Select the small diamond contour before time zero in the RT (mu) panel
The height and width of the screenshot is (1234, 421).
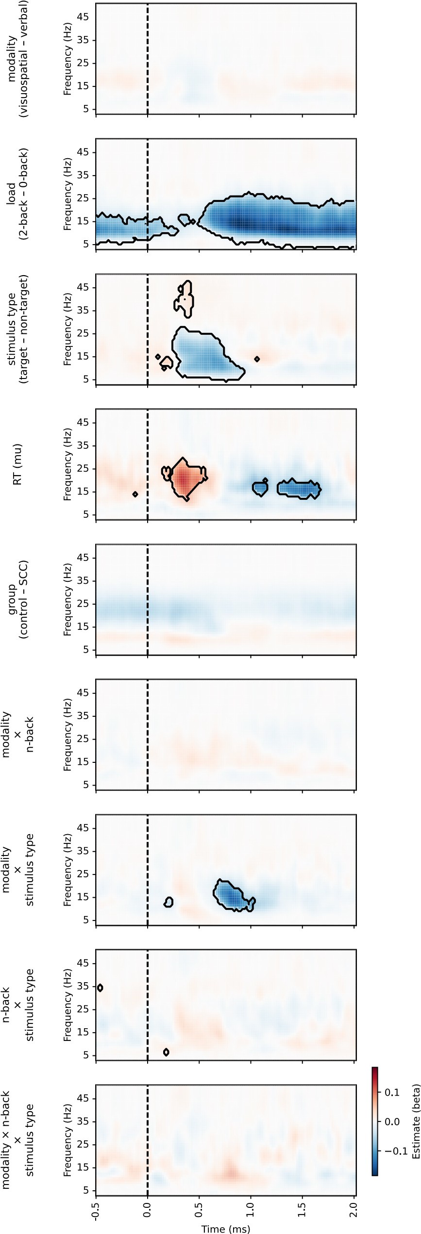click(x=135, y=494)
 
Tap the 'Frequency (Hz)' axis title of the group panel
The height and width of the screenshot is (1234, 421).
click(x=67, y=600)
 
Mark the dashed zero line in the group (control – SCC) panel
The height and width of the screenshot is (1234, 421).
click(x=148, y=600)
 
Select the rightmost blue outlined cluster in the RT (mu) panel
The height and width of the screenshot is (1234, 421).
click(x=299, y=489)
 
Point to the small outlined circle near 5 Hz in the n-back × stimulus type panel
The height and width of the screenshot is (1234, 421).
click(x=166, y=1052)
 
